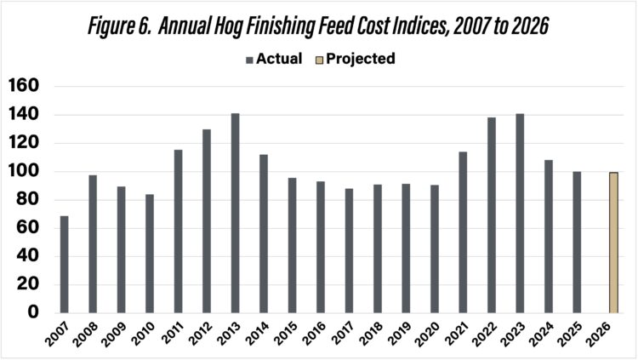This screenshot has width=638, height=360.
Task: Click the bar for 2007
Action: click(65, 264)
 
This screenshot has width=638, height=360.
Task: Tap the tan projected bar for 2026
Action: click(612, 243)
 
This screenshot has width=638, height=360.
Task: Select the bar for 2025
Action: click(578, 242)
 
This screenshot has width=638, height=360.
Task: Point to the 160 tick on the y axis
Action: click(24, 86)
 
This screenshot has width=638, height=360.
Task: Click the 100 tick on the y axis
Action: click(24, 171)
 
